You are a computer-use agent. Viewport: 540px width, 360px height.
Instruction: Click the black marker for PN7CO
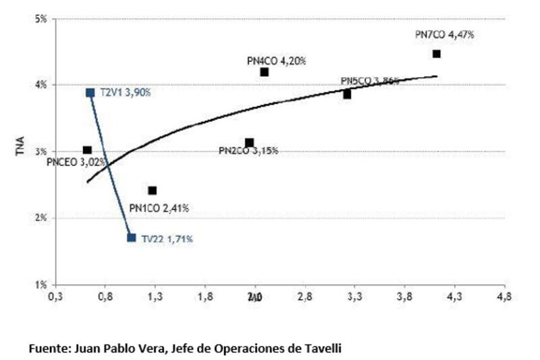(x=437, y=53)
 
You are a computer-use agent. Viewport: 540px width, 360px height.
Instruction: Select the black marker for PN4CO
(x=265, y=72)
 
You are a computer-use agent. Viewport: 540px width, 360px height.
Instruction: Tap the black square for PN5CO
(x=347, y=95)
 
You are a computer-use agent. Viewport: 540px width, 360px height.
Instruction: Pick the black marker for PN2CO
(x=249, y=143)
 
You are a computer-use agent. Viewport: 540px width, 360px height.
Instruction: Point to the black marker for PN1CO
(x=153, y=190)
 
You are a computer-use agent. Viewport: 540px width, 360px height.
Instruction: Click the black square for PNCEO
(x=87, y=150)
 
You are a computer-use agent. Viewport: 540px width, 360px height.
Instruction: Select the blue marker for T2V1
(x=90, y=93)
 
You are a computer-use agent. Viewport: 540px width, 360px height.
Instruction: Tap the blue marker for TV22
(x=132, y=238)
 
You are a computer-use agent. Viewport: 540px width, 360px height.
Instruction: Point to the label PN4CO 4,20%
(x=277, y=61)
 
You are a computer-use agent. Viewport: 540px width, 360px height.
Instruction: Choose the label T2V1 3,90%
(x=126, y=93)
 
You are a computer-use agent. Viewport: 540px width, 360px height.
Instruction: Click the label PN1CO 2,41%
(x=159, y=208)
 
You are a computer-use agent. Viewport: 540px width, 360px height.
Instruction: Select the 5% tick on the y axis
(x=41, y=19)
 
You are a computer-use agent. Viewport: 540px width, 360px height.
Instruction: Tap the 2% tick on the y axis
(x=41, y=218)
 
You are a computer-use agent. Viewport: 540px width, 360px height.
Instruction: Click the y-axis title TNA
(x=20, y=150)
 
